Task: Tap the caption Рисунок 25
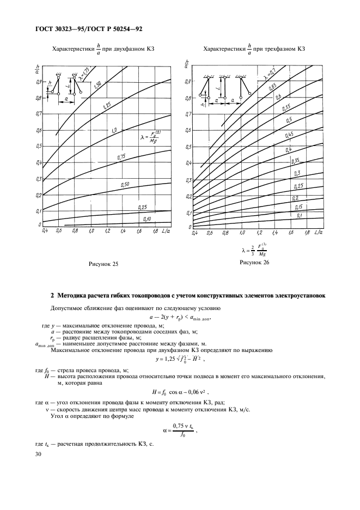(103, 264)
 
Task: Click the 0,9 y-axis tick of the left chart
(39, 82)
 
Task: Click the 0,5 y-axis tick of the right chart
(188, 147)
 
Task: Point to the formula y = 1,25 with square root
(179, 362)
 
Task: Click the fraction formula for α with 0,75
(179, 429)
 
